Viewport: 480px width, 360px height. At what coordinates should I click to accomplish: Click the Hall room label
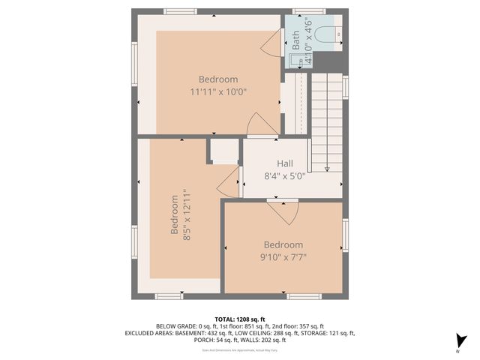[x=284, y=163]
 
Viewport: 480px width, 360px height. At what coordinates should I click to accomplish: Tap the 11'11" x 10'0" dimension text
[x=218, y=91]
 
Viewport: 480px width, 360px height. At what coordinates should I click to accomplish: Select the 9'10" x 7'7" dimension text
[x=283, y=257]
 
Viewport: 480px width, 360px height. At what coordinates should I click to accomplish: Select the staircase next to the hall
[x=326, y=120]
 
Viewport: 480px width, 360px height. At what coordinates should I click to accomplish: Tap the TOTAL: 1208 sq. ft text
[x=240, y=319]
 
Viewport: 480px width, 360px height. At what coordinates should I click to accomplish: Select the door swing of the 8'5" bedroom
[x=229, y=180]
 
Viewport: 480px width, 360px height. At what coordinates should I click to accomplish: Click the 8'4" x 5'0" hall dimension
[x=284, y=176]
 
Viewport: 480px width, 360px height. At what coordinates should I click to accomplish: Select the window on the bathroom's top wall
[x=304, y=11]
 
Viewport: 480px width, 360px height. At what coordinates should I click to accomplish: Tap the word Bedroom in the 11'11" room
[x=218, y=79]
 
